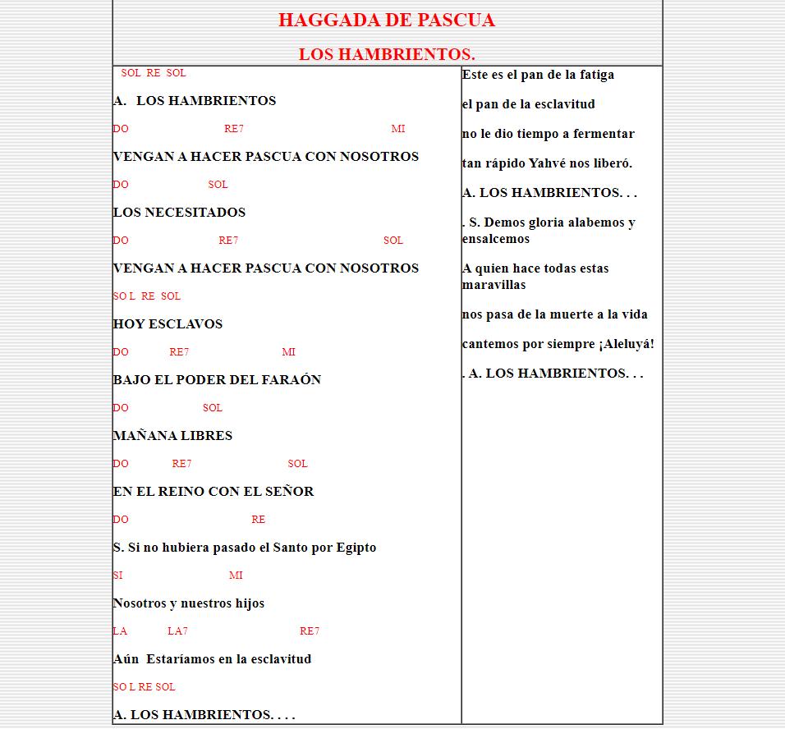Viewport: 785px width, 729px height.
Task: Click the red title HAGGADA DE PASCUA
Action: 386,21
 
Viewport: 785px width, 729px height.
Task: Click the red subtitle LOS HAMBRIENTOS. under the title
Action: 387,55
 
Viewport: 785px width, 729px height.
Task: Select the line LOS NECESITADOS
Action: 179,213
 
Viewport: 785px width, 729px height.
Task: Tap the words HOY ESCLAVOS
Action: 168,324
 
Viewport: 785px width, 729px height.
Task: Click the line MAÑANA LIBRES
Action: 172,436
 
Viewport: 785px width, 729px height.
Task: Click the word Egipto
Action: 356,548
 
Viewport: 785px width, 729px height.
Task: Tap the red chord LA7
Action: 177,631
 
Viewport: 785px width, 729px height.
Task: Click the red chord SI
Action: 117,575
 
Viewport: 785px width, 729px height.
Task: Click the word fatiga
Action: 594,75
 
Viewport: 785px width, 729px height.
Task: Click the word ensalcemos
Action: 496,239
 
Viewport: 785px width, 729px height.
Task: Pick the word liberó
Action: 612,163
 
